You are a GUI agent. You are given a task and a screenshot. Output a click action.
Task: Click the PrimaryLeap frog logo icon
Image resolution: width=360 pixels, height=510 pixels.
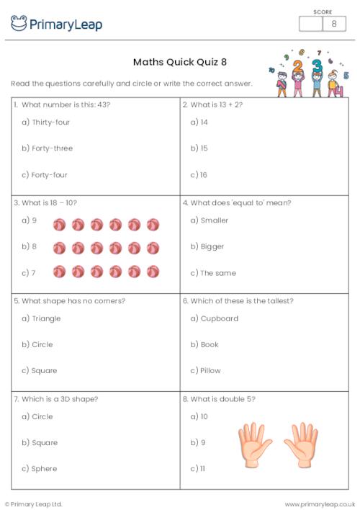[x=19, y=24]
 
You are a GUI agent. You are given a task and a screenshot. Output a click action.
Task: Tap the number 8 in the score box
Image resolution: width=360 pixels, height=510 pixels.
[x=333, y=24]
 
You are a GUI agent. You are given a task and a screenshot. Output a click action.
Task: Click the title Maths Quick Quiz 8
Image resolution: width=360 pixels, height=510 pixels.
[x=180, y=62]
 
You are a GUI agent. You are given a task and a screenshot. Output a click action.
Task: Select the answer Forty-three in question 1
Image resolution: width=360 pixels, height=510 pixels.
[x=52, y=148]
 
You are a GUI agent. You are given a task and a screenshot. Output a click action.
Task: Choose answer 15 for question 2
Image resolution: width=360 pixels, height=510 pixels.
[x=204, y=148]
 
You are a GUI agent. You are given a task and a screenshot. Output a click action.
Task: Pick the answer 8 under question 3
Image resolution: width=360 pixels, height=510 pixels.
[x=29, y=246]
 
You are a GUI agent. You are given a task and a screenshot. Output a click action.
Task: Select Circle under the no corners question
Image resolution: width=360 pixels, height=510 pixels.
[x=42, y=344]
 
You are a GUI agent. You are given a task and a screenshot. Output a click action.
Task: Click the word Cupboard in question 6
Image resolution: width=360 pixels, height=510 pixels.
[x=221, y=318]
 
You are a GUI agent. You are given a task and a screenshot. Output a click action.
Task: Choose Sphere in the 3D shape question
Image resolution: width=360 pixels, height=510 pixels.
[x=45, y=468]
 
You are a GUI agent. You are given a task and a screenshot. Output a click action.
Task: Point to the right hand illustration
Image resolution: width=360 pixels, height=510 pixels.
[x=301, y=444]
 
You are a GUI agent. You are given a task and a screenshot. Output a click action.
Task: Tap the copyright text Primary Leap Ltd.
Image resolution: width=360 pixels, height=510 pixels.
[x=36, y=504]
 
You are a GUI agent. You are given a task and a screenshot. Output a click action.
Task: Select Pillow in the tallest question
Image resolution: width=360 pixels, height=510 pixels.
[x=210, y=370]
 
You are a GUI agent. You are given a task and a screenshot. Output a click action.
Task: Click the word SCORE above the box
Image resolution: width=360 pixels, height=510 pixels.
[x=323, y=12]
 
